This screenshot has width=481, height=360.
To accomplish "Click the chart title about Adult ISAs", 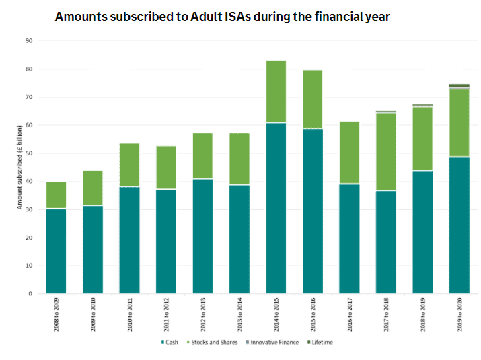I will point(222,16).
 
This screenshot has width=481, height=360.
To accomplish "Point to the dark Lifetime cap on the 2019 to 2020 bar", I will point(459,86).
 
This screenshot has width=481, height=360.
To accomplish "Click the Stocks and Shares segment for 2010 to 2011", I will point(129,165).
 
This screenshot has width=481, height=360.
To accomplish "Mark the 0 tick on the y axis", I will point(30,294).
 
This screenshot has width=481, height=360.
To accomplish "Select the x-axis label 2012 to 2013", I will point(202,313).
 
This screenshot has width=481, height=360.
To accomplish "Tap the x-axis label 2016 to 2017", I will point(349,313).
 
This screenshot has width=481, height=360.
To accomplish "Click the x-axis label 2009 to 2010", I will point(93,313).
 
